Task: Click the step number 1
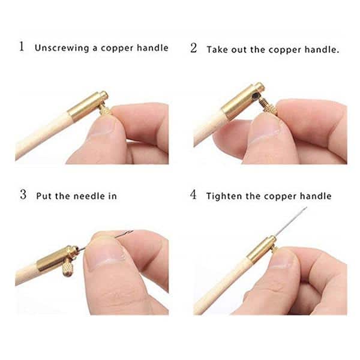22,47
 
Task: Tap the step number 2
194,48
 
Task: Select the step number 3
23,194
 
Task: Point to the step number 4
194,195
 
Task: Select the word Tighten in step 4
224,196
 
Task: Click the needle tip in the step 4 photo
305,209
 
